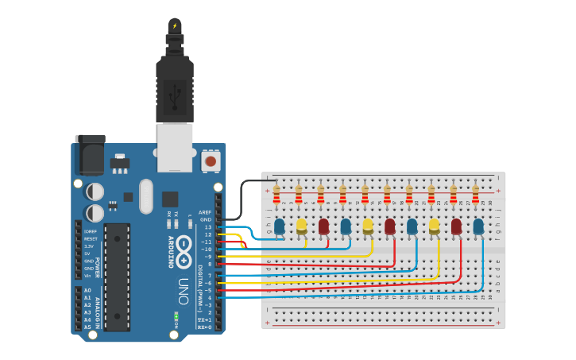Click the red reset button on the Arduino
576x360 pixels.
[211, 161]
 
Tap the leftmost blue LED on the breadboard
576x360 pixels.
[280, 226]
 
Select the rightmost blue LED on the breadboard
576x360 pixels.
[478, 226]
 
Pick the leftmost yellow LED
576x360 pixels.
[302, 226]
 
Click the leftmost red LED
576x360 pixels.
[323, 226]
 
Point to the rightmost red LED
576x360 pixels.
[456, 226]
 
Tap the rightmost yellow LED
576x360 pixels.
[434, 226]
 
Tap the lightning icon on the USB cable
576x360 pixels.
[175, 26]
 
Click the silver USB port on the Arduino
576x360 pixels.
[175, 147]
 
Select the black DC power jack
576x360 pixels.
[90, 154]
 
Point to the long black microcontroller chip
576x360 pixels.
[117, 277]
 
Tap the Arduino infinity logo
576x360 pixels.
[184, 253]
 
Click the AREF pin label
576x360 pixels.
[205, 212]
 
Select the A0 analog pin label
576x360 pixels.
[87, 290]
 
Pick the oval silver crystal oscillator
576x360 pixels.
[145, 196]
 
